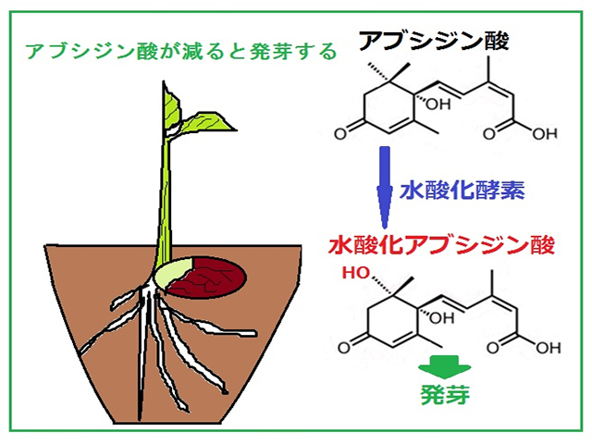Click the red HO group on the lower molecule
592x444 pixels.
tap(356, 275)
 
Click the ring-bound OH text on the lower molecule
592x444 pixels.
tap(431, 317)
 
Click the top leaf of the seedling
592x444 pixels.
tap(172, 108)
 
